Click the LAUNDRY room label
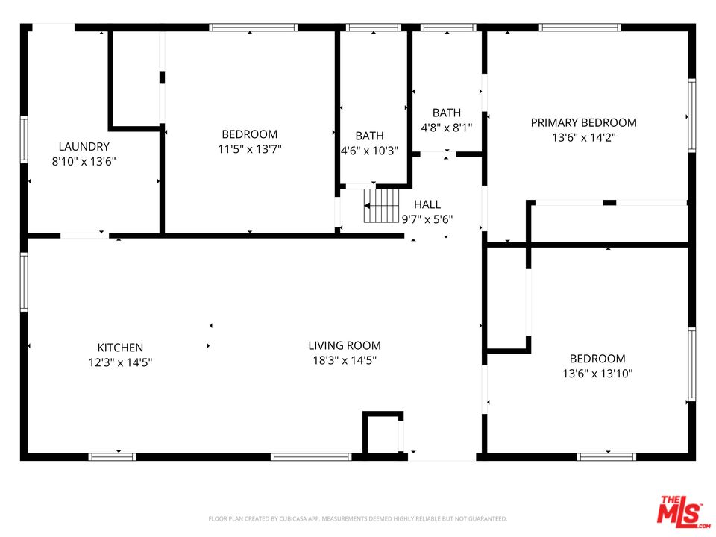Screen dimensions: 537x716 tap(84, 147)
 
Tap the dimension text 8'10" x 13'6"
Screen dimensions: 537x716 tap(84, 161)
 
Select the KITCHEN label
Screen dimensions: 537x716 tap(120, 348)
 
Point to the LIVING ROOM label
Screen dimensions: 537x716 tap(345, 345)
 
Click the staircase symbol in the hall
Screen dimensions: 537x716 tap(382, 205)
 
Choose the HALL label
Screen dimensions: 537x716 tap(427, 204)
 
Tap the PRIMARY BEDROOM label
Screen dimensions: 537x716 tap(583, 122)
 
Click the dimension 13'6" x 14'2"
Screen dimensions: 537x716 tap(583, 137)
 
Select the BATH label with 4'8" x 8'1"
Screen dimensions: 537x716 tap(447, 113)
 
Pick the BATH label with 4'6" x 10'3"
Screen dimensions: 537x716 tap(369, 136)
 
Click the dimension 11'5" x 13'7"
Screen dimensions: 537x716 tap(249, 149)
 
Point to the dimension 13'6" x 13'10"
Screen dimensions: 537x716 tap(597, 374)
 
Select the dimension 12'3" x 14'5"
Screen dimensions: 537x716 tap(120, 362)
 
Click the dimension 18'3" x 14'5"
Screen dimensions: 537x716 tap(345, 360)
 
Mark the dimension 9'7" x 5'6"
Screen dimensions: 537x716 tap(427, 219)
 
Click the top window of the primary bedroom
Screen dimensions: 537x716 tap(580, 28)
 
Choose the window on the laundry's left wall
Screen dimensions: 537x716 tap(24, 139)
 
